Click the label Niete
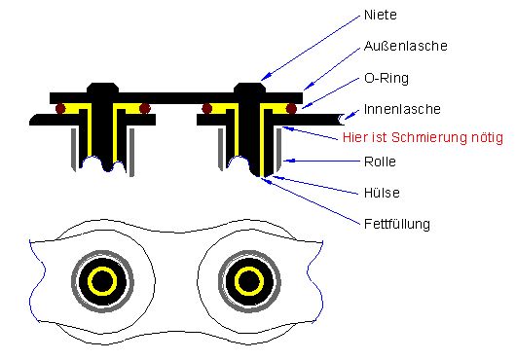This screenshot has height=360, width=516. click(380, 15)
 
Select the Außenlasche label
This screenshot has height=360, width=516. click(405, 46)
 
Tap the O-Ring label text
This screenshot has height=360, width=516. click(387, 78)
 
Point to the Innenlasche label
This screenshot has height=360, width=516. click(402, 109)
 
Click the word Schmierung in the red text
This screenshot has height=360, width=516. click(428, 137)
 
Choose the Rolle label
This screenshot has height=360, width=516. click(380, 162)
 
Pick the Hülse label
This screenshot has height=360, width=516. click(382, 193)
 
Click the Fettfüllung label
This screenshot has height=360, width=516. click(397, 224)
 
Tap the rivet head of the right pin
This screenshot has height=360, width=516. click(249, 88)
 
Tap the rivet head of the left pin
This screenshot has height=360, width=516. click(102, 88)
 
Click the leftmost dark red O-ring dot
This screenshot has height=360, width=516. click(60, 108)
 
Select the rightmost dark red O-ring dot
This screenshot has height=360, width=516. click(291, 108)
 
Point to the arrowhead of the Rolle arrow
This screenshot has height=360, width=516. click(287, 161)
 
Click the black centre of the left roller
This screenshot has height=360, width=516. click(102, 281)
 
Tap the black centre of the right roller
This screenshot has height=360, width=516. click(249, 281)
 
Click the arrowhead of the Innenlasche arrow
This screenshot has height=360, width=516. click(348, 116)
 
